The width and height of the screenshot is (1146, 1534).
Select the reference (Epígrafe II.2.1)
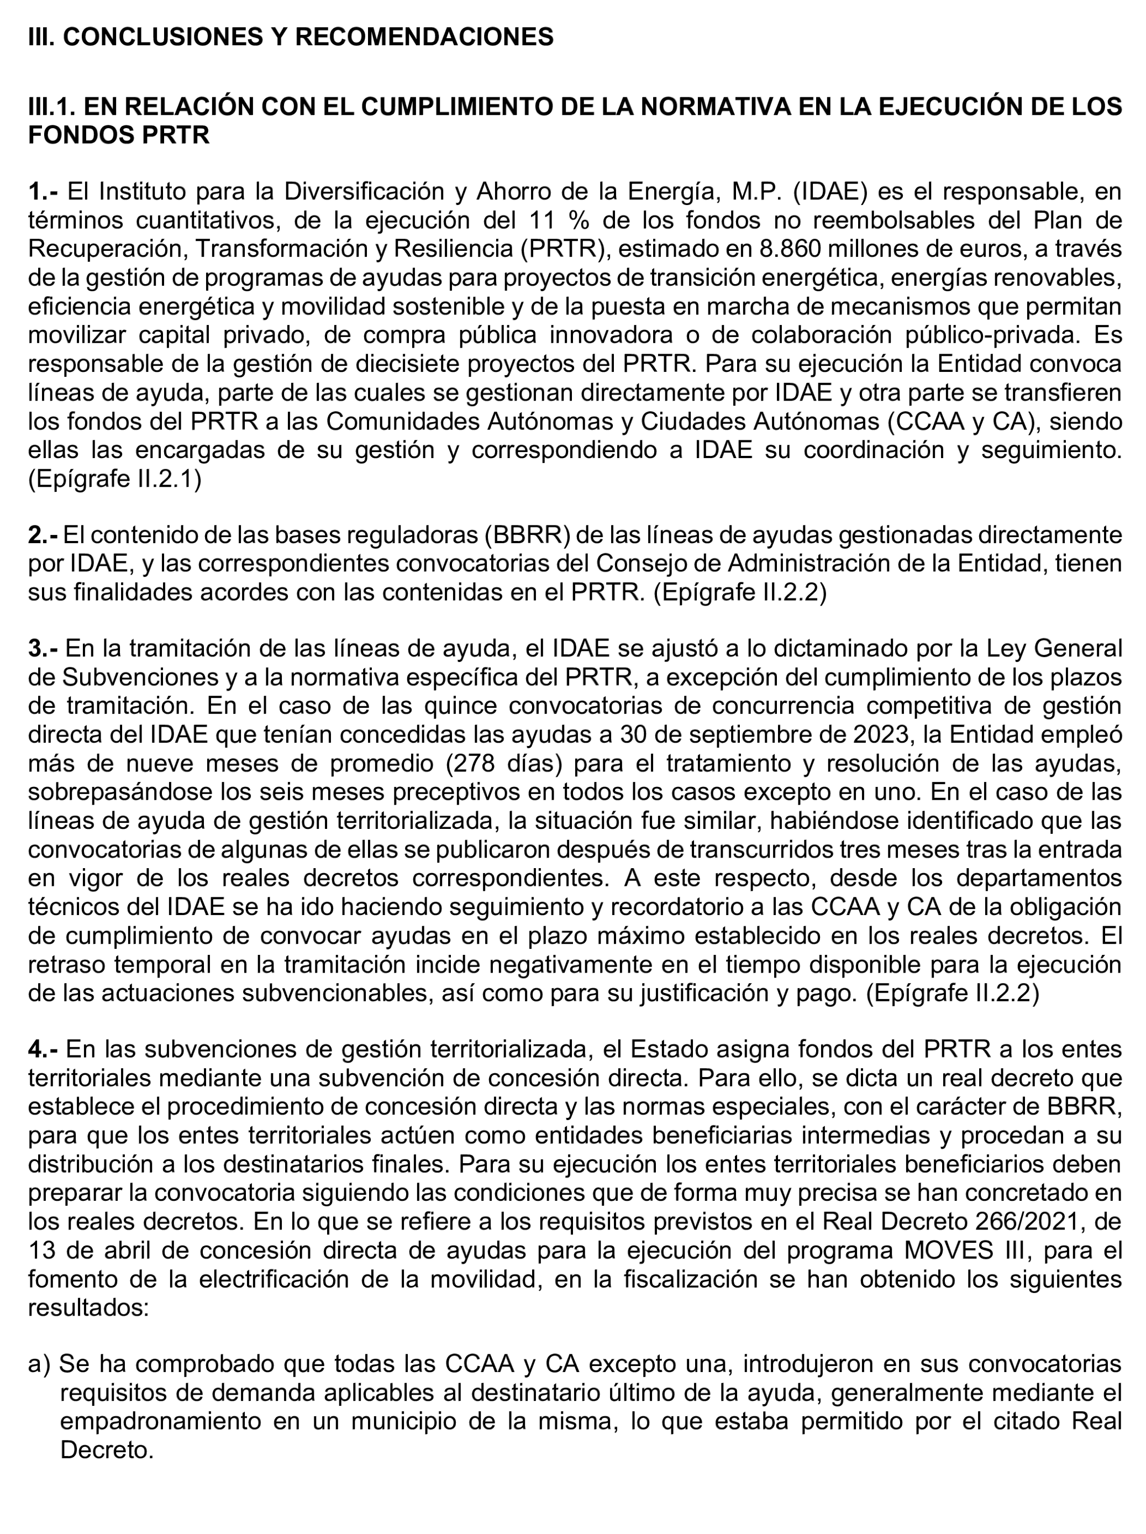(x=115, y=479)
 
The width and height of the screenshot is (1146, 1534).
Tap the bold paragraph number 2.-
(x=43, y=535)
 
